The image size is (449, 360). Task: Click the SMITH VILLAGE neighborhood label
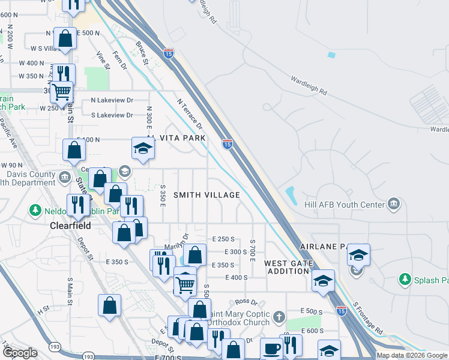(x=206, y=195)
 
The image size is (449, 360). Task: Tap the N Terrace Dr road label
(x=190, y=114)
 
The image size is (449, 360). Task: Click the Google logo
(x=20, y=353)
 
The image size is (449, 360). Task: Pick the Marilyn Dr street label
(x=177, y=244)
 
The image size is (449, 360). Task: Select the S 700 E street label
(x=253, y=245)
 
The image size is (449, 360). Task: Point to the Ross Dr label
(x=246, y=302)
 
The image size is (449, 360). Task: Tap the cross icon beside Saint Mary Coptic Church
(x=278, y=316)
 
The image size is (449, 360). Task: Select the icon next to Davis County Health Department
(x=65, y=178)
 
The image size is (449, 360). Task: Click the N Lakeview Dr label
(x=111, y=100)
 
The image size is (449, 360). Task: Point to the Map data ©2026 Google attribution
(x=411, y=355)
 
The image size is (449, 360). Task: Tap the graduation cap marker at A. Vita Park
(x=143, y=148)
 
